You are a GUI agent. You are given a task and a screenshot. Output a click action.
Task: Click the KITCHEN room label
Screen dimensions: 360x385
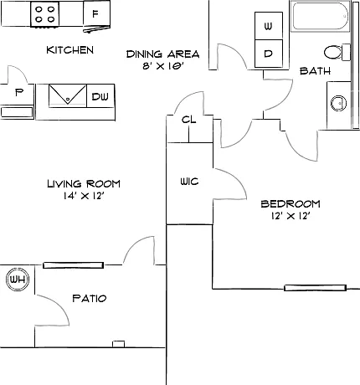69,50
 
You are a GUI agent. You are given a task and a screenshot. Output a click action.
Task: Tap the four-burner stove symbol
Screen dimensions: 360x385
44,14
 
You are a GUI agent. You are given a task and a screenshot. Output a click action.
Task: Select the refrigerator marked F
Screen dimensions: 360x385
96,13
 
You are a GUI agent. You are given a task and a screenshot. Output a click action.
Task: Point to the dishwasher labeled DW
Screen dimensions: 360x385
100,95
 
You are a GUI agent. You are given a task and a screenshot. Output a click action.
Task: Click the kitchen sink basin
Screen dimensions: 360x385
68,95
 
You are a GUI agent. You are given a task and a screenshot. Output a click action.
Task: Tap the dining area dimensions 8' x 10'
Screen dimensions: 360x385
163,66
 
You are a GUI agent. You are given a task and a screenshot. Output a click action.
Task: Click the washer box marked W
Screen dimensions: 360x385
269,26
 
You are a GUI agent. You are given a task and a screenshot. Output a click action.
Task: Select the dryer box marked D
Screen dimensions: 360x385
269,54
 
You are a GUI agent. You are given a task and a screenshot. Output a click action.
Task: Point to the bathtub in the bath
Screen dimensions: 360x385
320,16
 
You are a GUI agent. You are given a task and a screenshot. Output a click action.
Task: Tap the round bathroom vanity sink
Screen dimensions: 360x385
339,103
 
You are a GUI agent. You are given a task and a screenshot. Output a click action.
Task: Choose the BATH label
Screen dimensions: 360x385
315,71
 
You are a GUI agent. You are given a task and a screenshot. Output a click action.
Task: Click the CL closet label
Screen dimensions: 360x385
189,120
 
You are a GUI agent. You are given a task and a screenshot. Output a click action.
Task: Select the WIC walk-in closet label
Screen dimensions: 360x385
189,182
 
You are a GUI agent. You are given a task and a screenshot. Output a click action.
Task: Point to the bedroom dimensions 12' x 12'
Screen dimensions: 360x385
291,216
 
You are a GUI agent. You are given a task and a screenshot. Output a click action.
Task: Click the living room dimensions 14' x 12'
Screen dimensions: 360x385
84,196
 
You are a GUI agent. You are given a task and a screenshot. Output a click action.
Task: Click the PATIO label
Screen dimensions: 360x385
90,299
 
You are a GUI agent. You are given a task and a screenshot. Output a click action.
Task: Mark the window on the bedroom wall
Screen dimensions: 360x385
315,288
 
